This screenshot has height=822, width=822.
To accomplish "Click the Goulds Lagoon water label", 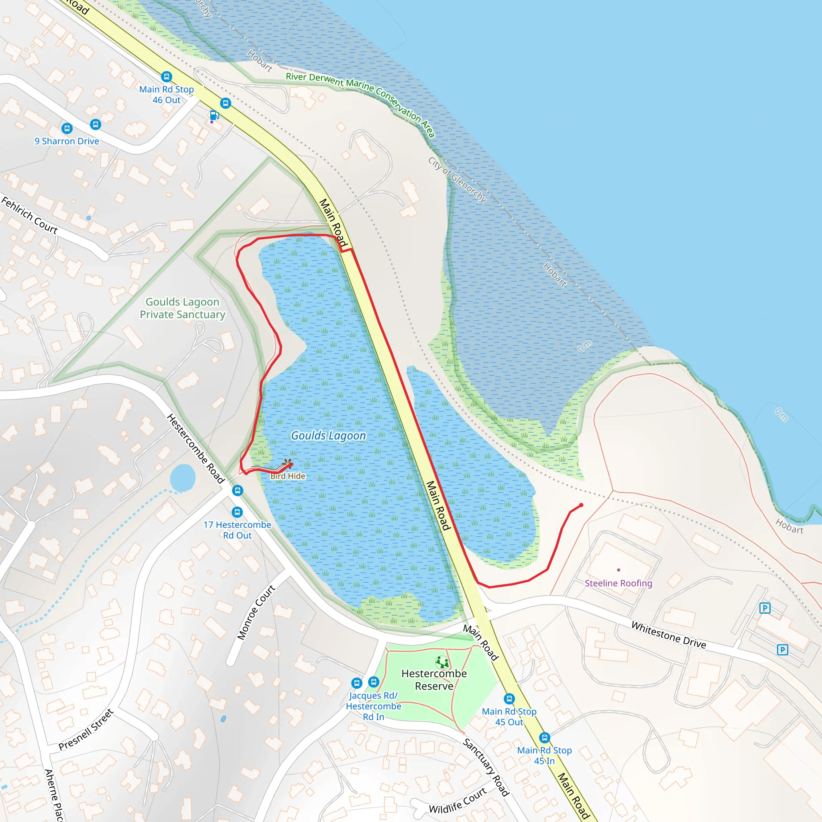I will coord(328,435).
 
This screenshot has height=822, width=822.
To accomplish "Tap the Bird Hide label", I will coord(288,476).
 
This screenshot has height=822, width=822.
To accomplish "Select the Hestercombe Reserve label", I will coord(434,680).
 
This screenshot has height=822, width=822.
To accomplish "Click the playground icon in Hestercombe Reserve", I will coord(442,662).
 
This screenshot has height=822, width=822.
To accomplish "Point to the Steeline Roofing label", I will coord(618,583).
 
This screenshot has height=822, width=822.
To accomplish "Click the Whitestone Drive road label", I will coord(668,635).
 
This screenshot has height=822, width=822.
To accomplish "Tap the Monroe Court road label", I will coord(256,612).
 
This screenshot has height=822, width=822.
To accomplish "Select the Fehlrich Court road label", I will coord(29,215).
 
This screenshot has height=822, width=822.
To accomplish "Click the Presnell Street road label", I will coord(86,730).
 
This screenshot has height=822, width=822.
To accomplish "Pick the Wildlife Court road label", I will coord(458,801).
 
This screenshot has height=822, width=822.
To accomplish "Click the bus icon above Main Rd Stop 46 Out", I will coord(166,77).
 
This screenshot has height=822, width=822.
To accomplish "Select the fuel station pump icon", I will coord(214,115).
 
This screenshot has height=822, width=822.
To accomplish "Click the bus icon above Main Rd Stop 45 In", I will coord(545,738).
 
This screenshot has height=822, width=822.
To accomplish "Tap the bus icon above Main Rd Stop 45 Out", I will coord(509,699).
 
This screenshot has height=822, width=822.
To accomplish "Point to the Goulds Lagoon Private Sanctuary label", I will coord(183,308).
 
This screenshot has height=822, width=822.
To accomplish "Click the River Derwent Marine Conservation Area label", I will coord(360,103).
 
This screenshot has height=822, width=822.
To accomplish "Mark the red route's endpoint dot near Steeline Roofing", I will coord(581,505).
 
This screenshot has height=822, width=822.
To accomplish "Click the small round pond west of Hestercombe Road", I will coord(183,478).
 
